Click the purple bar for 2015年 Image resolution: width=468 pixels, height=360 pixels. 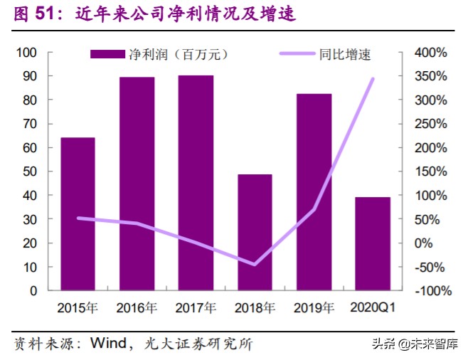pos(78,213)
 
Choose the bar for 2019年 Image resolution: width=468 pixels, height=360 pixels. pos(314,192)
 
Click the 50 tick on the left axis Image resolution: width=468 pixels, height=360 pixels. pos(30,171)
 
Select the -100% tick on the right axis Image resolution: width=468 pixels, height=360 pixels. pos(431,291)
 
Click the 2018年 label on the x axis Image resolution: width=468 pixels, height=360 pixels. pos(255,308)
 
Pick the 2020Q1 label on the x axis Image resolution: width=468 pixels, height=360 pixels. pos(373,308)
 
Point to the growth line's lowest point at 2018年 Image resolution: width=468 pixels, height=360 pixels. pos(255,264)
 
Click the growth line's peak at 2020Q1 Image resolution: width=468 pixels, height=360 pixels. pos(373,79)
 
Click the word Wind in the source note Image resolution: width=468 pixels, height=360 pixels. pos(107,344)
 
